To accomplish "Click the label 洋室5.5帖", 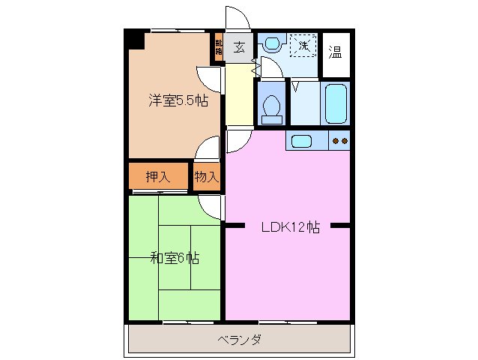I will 178,100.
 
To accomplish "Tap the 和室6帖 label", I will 174,259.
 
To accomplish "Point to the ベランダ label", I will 240,340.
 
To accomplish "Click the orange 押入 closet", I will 157,177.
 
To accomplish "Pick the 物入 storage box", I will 206,177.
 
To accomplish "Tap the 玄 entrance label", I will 240,48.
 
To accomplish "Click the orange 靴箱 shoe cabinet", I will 219,47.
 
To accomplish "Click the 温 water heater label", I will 336,52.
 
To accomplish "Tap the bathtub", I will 336,103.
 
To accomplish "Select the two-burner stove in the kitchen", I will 339,140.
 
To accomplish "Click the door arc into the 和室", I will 212,205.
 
